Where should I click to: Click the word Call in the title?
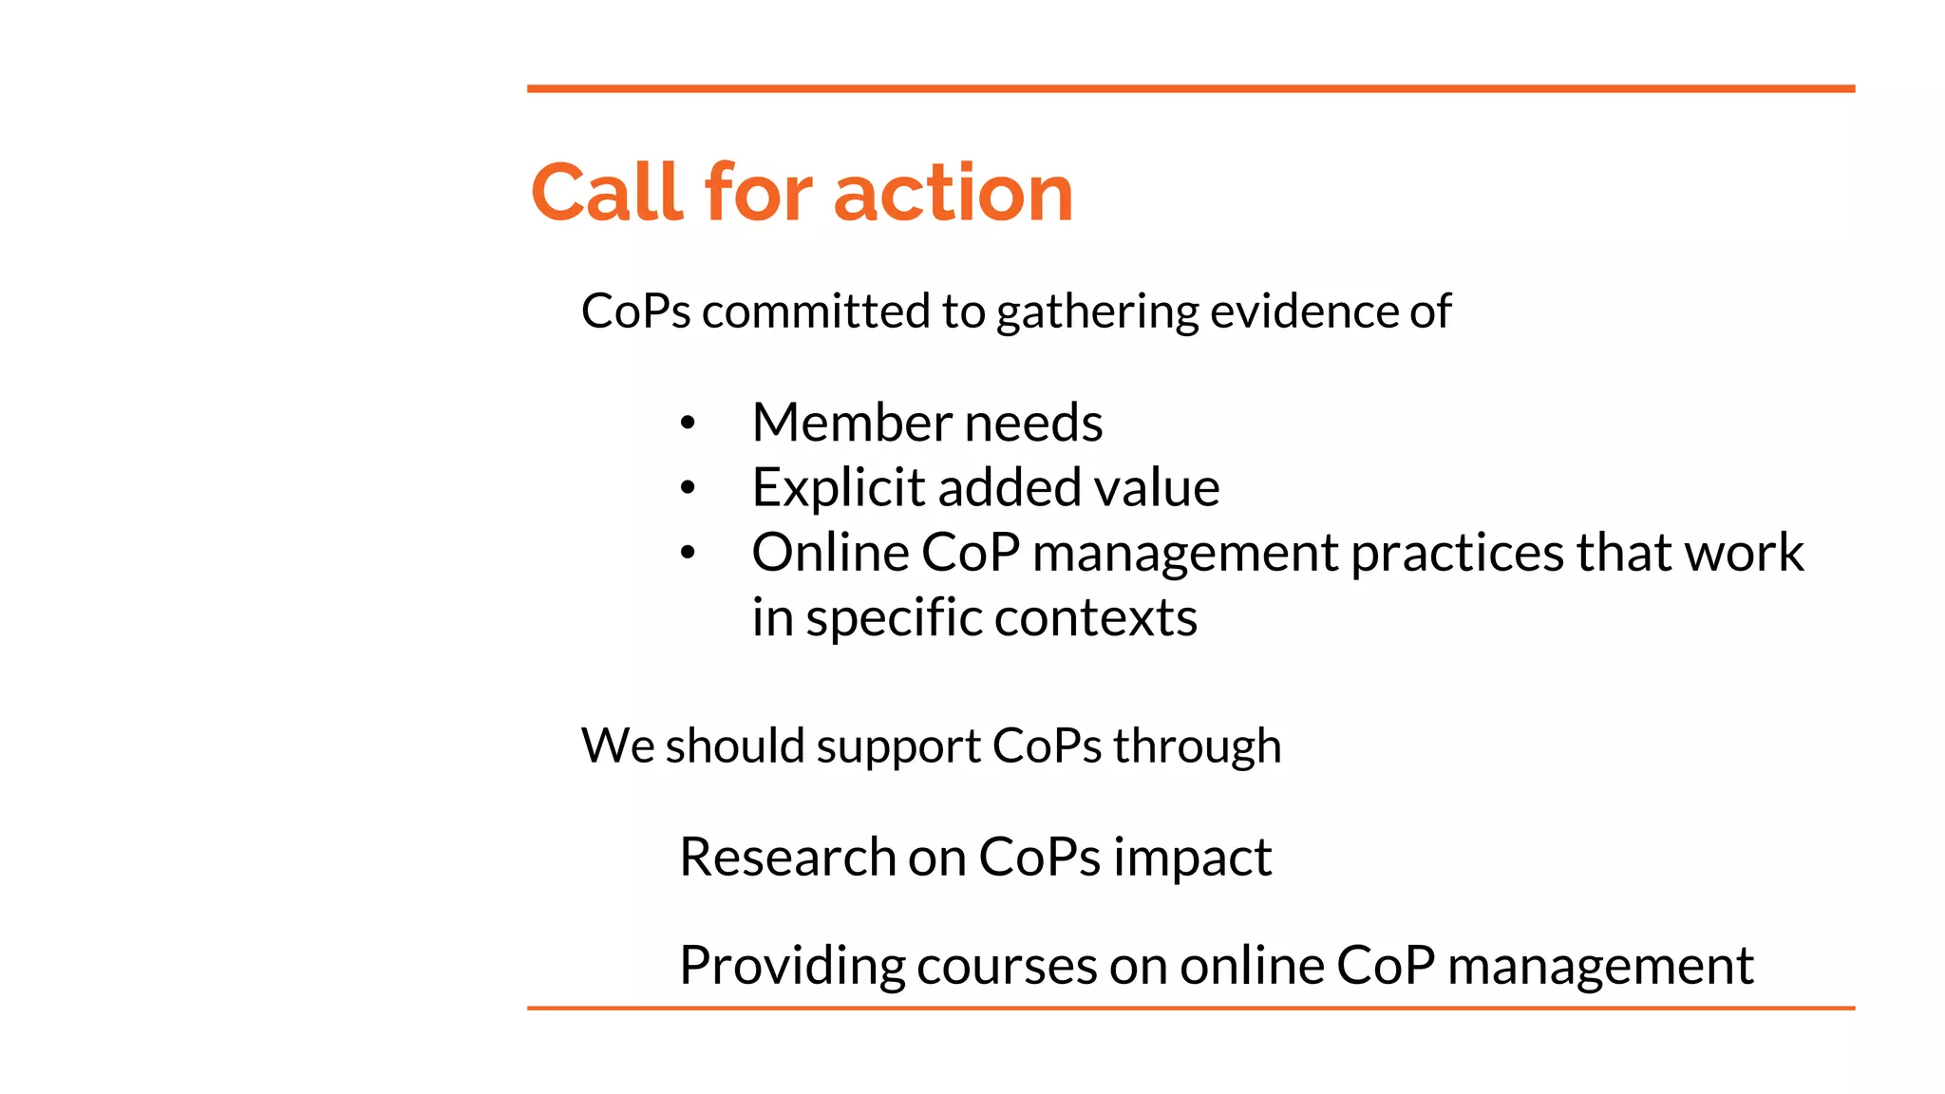pos(609,193)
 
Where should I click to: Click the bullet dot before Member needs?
pos(688,424)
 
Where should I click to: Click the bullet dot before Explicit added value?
pos(688,488)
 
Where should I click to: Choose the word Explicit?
pos(839,488)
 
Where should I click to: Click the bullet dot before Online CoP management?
pos(688,553)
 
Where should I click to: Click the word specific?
pos(893,618)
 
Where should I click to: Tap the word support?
pos(898,746)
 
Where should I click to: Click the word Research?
pos(787,858)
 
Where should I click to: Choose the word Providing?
pos(792,966)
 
